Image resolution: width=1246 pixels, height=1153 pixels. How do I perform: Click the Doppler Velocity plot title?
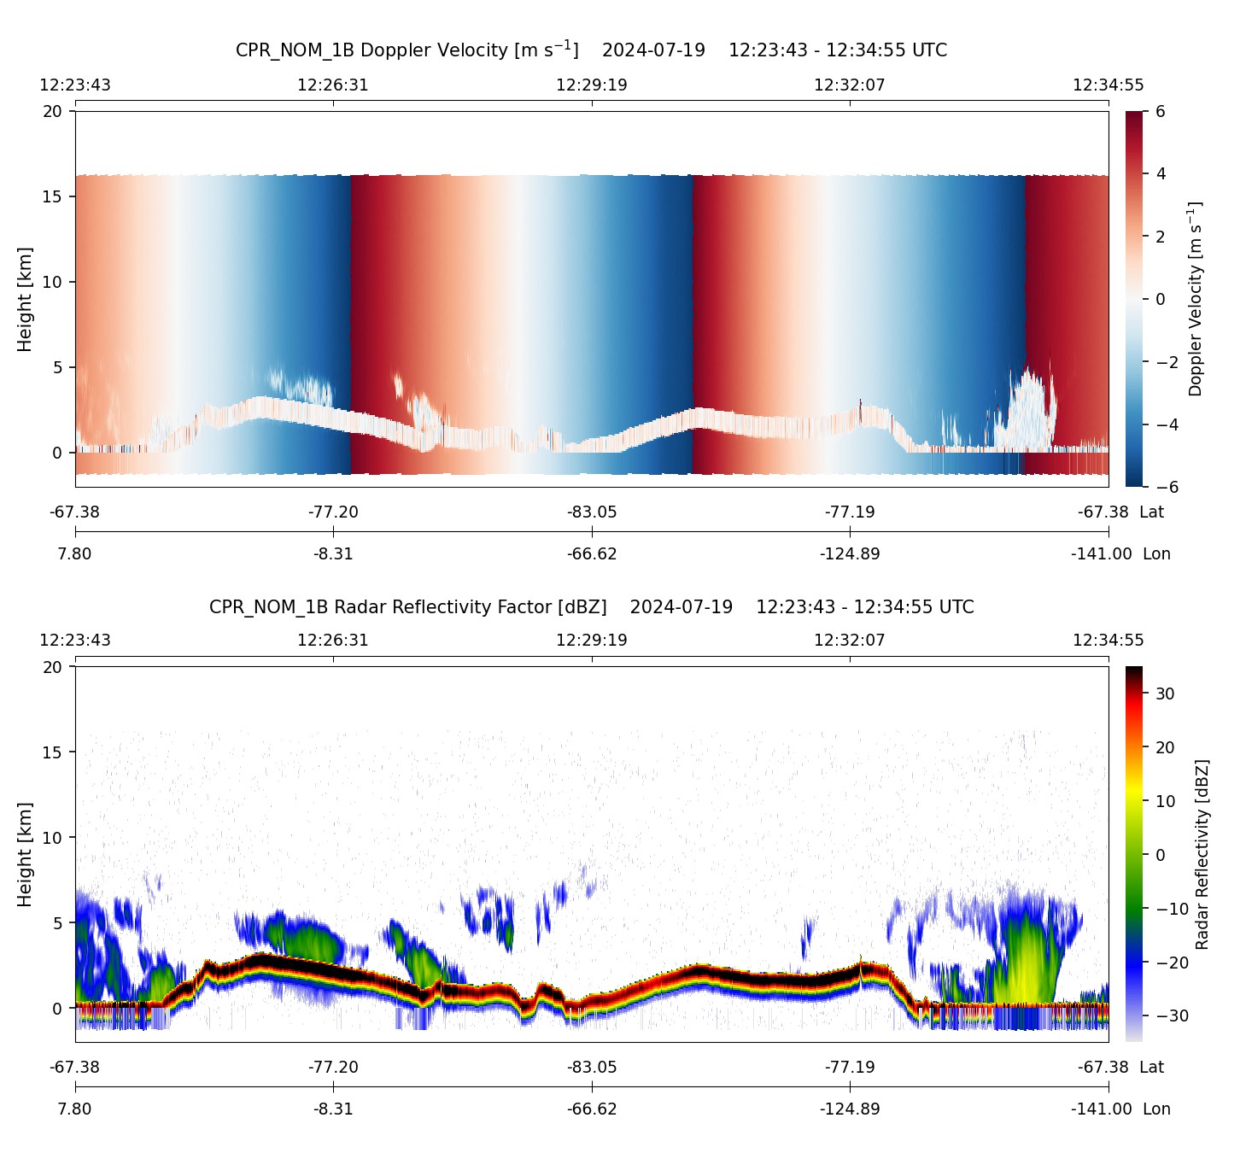(591, 50)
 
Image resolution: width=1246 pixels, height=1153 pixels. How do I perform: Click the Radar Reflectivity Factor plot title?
(591, 607)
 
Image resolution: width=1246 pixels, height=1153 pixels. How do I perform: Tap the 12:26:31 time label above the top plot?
(333, 85)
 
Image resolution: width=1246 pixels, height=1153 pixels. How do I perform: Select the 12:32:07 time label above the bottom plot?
(850, 641)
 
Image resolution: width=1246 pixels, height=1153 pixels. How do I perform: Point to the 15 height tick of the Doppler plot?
(53, 196)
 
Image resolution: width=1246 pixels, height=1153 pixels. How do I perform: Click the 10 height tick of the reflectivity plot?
(53, 838)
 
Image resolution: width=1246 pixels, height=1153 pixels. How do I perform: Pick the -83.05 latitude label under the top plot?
(592, 512)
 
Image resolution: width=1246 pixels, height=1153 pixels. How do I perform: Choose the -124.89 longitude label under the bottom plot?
(850, 1109)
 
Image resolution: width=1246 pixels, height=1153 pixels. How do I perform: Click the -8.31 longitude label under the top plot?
(333, 554)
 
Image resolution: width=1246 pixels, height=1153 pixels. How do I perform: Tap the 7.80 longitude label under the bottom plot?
(74, 1109)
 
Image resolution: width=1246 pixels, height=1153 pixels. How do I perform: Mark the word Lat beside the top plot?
(1152, 512)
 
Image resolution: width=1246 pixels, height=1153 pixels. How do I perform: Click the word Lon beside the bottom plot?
(1156, 1109)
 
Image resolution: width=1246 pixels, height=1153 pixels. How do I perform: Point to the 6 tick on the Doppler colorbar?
(1161, 112)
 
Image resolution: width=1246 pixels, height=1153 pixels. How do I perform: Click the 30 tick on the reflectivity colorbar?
(1165, 694)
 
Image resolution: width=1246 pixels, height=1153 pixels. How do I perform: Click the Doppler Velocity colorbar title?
(1196, 299)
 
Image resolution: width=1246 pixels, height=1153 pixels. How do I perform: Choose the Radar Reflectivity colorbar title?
(1202, 854)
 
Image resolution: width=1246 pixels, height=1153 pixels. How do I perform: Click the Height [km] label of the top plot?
(25, 299)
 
